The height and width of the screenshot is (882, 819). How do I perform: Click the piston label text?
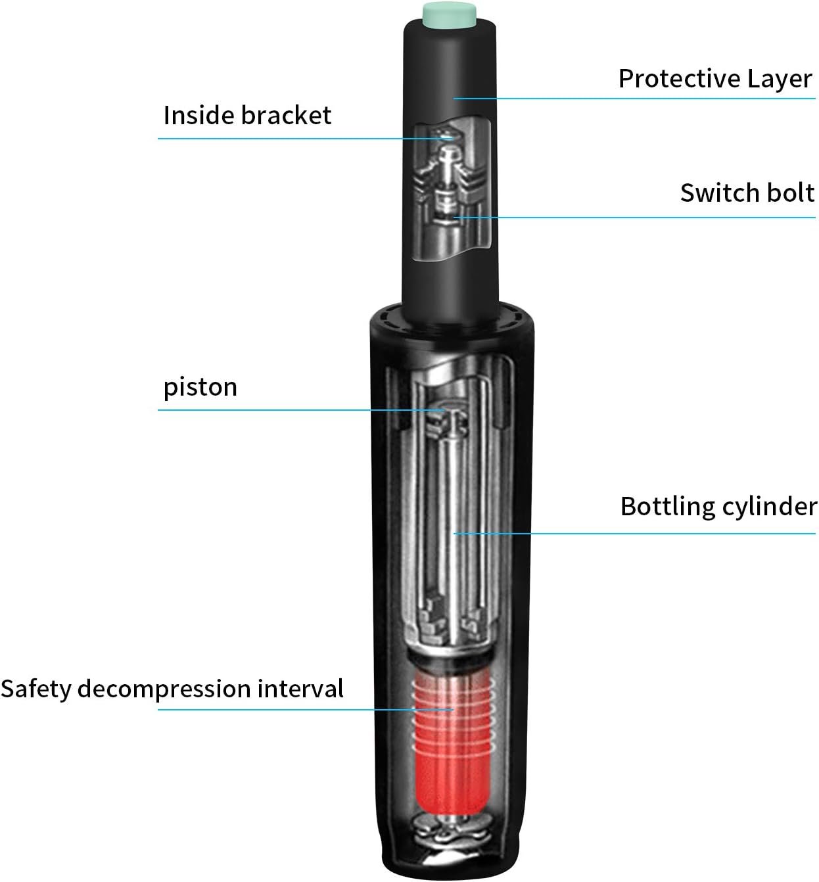[200, 388]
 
